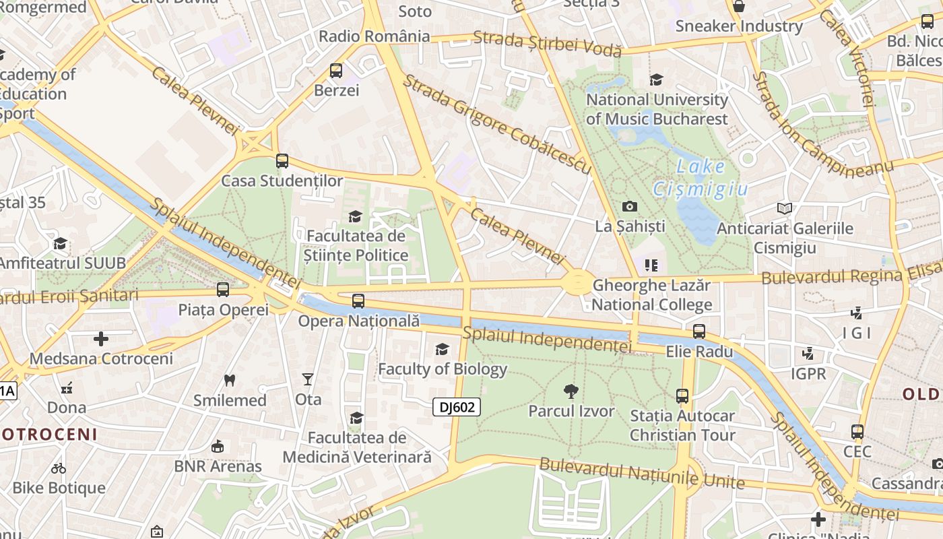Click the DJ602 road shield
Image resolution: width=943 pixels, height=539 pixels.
tap(457, 407)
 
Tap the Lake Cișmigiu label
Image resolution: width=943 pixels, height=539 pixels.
tap(701, 178)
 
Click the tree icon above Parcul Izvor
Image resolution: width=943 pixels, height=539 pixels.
tap(571, 391)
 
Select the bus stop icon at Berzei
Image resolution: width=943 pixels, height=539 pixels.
tap(335, 70)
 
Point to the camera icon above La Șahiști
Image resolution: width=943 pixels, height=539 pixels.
tap(630, 206)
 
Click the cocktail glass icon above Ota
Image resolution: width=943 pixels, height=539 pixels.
tap(308, 379)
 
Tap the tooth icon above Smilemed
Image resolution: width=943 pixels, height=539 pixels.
tap(230, 380)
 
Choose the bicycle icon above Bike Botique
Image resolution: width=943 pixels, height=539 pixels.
tap(59, 468)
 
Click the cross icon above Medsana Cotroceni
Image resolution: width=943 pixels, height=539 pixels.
tap(101, 338)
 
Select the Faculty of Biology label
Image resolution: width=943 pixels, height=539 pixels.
tap(442, 369)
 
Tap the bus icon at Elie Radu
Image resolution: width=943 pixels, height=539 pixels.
tap(699, 331)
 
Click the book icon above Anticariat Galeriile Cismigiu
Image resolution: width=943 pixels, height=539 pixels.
tap(784, 208)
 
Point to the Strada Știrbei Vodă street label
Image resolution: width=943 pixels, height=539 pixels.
tap(547, 43)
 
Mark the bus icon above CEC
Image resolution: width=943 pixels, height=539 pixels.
tap(857, 432)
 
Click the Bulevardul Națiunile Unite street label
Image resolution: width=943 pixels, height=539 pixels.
tap(642, 474)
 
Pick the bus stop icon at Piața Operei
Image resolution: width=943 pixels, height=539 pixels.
tap(223, 290)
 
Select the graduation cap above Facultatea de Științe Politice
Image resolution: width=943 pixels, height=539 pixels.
tap(355, 216)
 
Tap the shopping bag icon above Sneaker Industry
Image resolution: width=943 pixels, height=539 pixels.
tap(739, 6)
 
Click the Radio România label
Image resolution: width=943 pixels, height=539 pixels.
tap(374, 36)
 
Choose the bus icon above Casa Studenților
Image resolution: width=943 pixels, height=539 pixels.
tap(282, 161)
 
